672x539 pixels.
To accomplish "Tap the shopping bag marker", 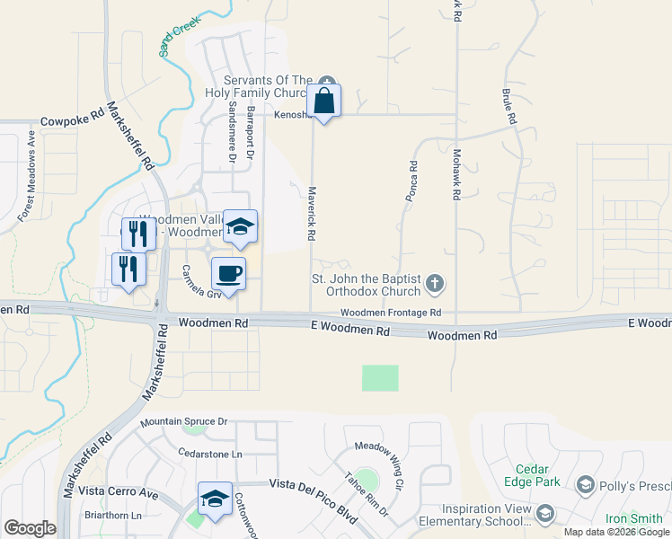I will click(324, 101).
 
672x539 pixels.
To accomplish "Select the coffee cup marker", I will click(228, 273).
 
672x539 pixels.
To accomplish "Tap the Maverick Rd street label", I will click(312, 212).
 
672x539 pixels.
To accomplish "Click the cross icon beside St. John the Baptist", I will click(435, 285).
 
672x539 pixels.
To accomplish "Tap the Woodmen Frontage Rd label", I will click(391, 312).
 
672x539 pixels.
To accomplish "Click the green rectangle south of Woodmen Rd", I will click(380, 377).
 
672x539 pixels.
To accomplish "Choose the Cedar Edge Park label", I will click(538, 475).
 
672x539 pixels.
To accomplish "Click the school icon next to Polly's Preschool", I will click(585, 485).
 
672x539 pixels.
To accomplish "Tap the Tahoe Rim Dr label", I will click(365, 495).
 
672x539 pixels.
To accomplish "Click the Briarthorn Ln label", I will click(111, 516).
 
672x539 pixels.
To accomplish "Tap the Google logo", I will click(30, 528).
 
